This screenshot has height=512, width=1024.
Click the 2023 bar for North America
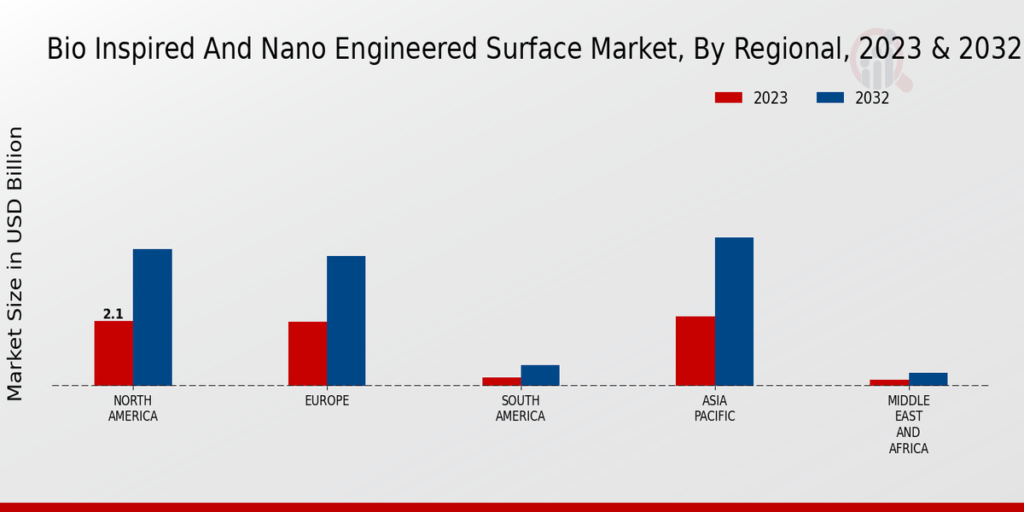point(113,353)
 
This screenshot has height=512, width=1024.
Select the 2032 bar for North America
point(152,317)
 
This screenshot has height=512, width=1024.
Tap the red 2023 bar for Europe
point(307,353)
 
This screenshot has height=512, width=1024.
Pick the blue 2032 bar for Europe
point(346,321)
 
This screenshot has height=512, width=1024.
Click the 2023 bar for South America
point(501,381)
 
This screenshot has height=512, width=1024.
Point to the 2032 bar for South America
point(540,375)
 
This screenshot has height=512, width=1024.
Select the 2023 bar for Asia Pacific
point(695,351)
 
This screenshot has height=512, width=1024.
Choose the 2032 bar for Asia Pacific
point(734,311)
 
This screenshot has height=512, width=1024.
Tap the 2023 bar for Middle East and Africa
point(889,382)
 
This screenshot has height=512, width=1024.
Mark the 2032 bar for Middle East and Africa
point(928,379)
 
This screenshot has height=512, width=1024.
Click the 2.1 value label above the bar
point(113,314)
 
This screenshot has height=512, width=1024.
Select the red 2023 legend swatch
point(728,97)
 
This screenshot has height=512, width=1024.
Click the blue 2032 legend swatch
point(829,97)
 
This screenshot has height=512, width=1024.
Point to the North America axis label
point(133,409)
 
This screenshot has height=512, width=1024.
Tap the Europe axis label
point(327,401)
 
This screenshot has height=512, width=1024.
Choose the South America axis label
point(521,409)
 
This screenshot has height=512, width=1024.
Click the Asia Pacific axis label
point(715,409)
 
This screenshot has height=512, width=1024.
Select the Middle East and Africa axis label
point(909,424)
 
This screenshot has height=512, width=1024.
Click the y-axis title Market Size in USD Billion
point(15,264)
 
